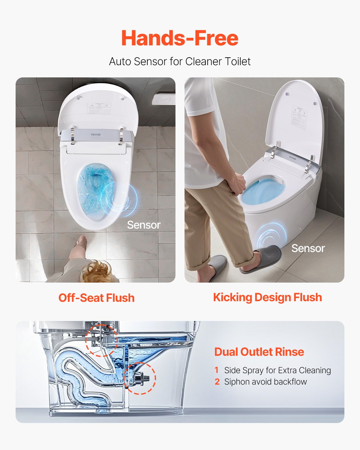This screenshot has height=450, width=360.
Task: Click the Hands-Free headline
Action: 180,38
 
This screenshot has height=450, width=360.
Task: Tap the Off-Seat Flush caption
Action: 96,298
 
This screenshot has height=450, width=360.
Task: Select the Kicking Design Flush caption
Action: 267,297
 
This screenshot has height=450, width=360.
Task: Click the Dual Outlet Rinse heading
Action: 259,352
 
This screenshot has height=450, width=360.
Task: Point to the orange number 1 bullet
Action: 217,370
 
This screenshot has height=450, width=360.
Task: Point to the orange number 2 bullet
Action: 217,382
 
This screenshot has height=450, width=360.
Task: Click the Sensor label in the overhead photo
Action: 143,225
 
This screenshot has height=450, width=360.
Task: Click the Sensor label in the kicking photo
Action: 308,248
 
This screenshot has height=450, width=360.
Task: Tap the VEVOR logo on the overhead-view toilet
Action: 96,134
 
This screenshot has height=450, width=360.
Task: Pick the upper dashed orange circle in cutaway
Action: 101,340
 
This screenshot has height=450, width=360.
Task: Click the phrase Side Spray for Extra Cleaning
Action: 277,370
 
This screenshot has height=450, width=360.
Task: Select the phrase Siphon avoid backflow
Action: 265,382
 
